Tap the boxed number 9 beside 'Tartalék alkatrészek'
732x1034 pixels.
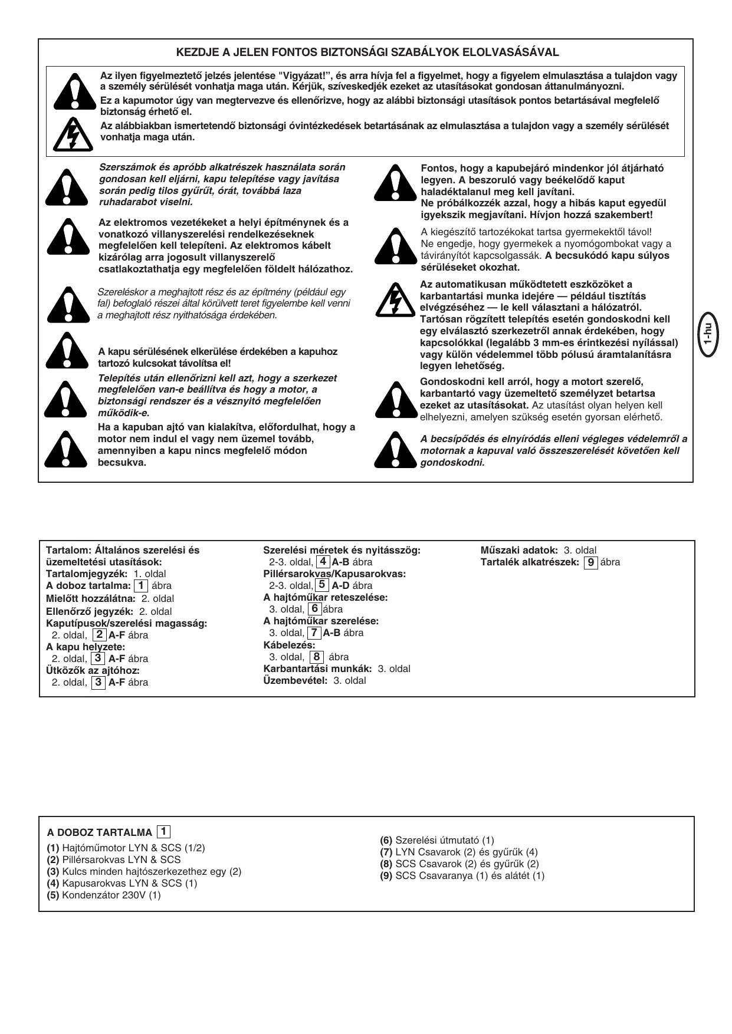pos(590,562)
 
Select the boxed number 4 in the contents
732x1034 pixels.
pos(323,562)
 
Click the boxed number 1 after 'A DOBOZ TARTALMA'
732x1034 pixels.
pos(163,831)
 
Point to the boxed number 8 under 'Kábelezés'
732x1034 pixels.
pos(317,657)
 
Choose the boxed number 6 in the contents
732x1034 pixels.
pos(315,609)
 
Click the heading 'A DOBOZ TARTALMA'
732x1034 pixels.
pos(100,832)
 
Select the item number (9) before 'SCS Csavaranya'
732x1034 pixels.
pos(386,875)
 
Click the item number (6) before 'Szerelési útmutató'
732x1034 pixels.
pos(386,840)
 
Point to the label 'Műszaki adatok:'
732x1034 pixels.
pos(519,550)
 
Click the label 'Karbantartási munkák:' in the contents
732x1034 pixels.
pos(317,669)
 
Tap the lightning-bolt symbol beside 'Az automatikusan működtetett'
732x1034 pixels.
pos(396,299)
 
